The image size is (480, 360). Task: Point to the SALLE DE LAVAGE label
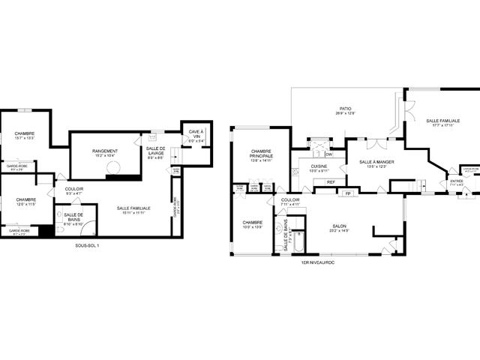(x=156, y=153)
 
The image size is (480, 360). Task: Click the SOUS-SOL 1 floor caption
(x=87, y=245)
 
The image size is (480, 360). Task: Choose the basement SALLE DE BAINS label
(x=73, y=217)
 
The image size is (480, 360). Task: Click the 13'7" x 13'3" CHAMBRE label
(x=25, y=135)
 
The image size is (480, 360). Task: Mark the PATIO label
(x=346, y=110)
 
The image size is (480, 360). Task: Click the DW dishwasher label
(x=328, y=154)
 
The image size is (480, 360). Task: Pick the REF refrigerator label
(x=330, y=181)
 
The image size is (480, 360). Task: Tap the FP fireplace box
(x=347, y=193)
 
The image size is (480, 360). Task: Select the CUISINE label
(x=319, y=168)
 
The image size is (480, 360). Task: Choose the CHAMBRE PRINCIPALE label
(x=260, y=153)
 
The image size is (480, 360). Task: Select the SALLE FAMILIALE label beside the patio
(x=442, y=122)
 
